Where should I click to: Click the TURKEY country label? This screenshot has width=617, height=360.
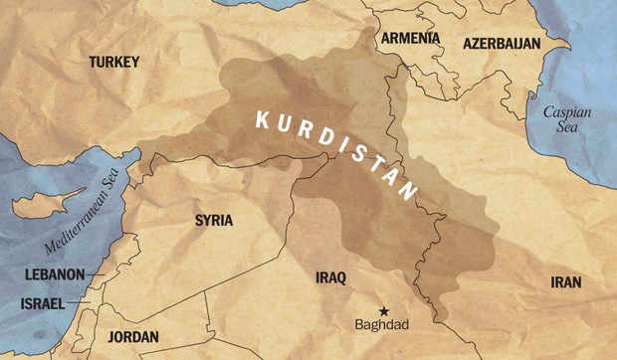(x=114, y=62)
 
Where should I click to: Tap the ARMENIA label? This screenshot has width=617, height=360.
(x=409, y=39)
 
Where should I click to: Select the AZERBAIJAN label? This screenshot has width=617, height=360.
(x=502, y=44)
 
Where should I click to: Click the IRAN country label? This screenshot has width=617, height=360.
(x=565, y=282)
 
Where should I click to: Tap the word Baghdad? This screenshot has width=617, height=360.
(x=381, y=324)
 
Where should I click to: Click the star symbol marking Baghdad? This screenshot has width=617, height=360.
(x=384, y=309)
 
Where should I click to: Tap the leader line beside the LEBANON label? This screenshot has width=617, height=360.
(x=95, y=274)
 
